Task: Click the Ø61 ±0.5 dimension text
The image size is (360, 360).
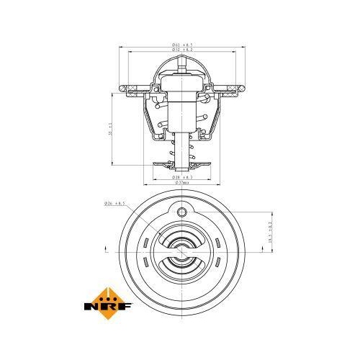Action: tap(180, 45)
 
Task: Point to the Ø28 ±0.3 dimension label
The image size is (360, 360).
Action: tap(180, 176)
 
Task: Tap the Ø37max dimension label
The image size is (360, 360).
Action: tap(180, 183)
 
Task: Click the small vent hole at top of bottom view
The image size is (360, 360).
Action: tap(181, 211)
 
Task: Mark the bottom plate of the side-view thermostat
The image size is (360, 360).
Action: tap(180, 163)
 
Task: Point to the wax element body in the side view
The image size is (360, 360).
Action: tap(180, 115)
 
